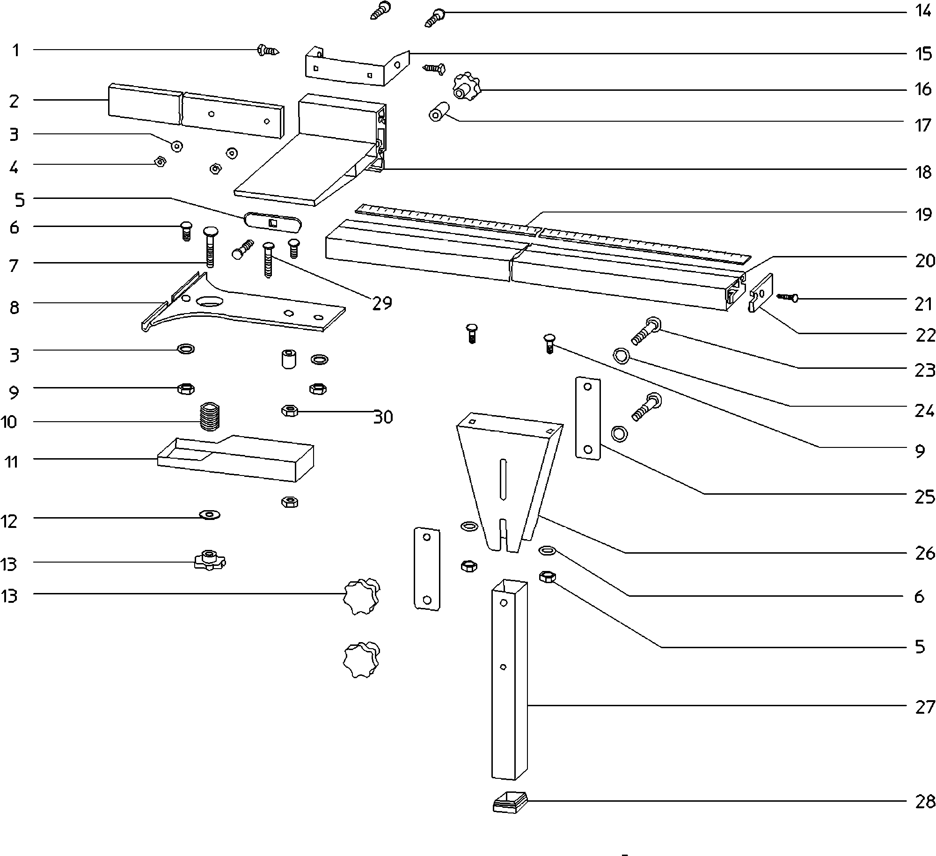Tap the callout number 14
[x=923, y=11]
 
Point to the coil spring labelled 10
[x=210, y=417]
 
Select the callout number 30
[x=383, y=417]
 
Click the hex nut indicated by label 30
[x=290, y=411]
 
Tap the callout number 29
[x=382, y=303]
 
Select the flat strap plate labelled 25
[x=587, y=418]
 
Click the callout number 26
[x=925, y=553]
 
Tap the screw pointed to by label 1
[x=268, y=50]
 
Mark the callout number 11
[x=11, y=462]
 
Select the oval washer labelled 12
[x=210, y=515]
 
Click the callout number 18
[x=923, y=172]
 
